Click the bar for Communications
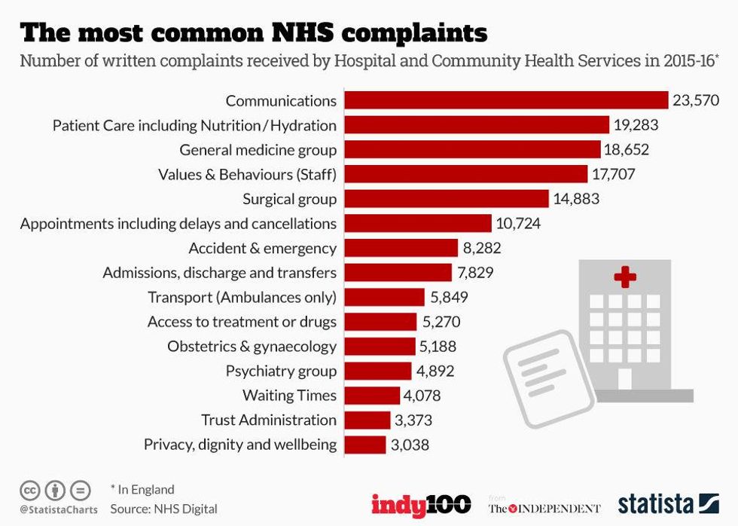tap(506, 100)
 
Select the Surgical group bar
tap(447, 199)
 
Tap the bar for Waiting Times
tap(372, 396)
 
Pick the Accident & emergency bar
tap(401, 248)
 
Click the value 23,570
tap(695, 100)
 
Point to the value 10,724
tap(518, 224)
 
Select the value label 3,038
tap(410, 445)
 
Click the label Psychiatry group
tap(281, 371)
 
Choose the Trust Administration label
tap(269, 420)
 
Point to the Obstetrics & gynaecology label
tap(252, 347)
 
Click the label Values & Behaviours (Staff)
tap(247, 175)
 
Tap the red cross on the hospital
tap(625, 277)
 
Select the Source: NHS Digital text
tap(163, 509)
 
